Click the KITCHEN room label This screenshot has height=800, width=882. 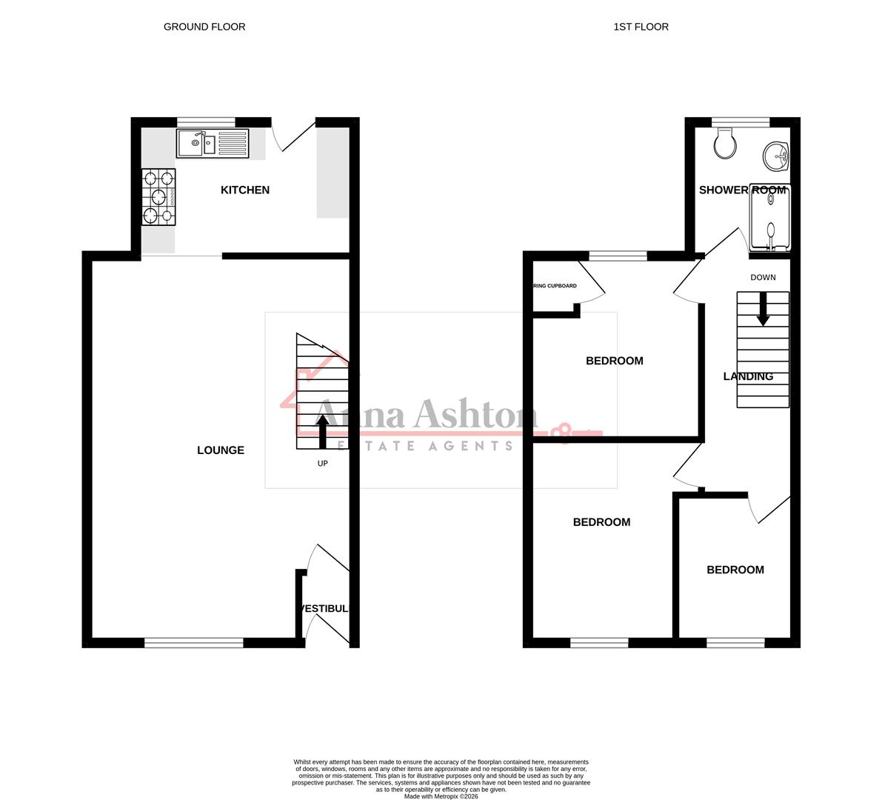tap(245, 190)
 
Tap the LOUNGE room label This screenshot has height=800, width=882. tap(221, 450)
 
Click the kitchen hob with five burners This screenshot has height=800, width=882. tap(160, 196)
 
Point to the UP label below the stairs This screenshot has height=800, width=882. tap(322, 464)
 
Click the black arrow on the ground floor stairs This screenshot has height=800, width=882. tap(323, 431)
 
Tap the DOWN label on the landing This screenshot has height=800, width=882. tap(763, 278)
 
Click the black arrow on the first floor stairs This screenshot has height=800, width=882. tap(763, 310)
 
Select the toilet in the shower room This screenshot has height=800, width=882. tap(725, 143)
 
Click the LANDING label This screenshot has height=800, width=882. tap(748, 376)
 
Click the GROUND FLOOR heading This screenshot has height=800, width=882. tap(204, 27)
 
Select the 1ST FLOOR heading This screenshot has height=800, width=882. tap(641, 27)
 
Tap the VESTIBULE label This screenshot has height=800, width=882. tap(324, 609)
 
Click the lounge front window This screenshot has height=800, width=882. tap(194, 642)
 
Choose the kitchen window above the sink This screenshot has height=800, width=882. tap(206, 122)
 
